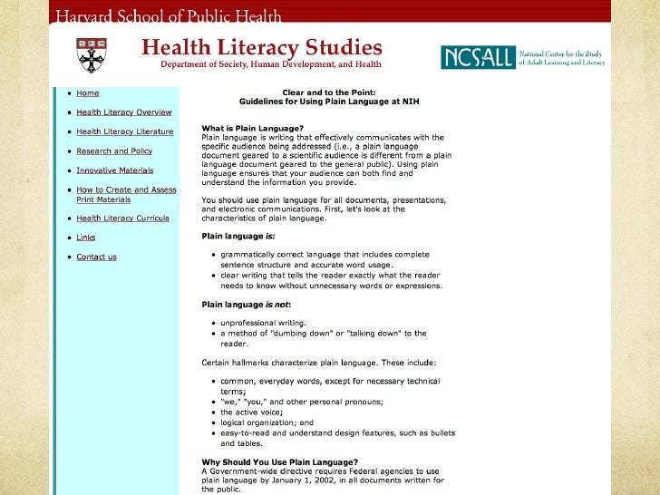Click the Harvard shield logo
(x=90, y=55)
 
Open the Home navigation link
(x=88, y=93)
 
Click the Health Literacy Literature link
(x=125, y=131)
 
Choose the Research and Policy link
(x=114, y=151)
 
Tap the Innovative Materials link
(x=114, y=170)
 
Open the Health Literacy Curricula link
(x=122, y=218)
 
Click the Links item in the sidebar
(x=86, y=238)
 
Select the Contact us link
(x=96, y=257)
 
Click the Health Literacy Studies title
(x=261, y=47)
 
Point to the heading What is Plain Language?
(x=253, y=128)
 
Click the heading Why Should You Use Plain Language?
(x=279, y=462)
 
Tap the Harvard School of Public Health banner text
(x=170, y=16)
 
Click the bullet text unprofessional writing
(x=264, y=323)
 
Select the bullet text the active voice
(x=251, y=412)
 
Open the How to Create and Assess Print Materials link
(x=126, y=194)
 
